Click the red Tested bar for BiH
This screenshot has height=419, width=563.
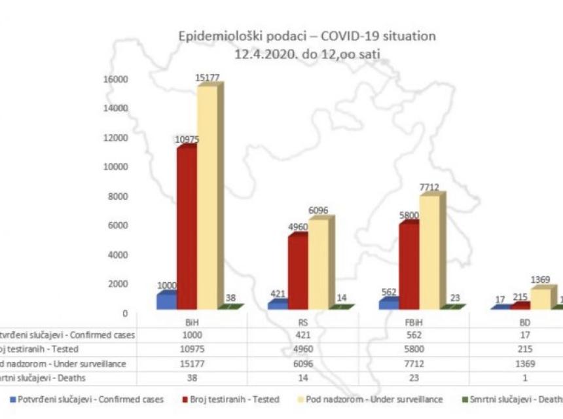pyautogui.click(x=186, y=229)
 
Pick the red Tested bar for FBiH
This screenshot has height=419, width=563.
pyautogui.click(x=409, y=265)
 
